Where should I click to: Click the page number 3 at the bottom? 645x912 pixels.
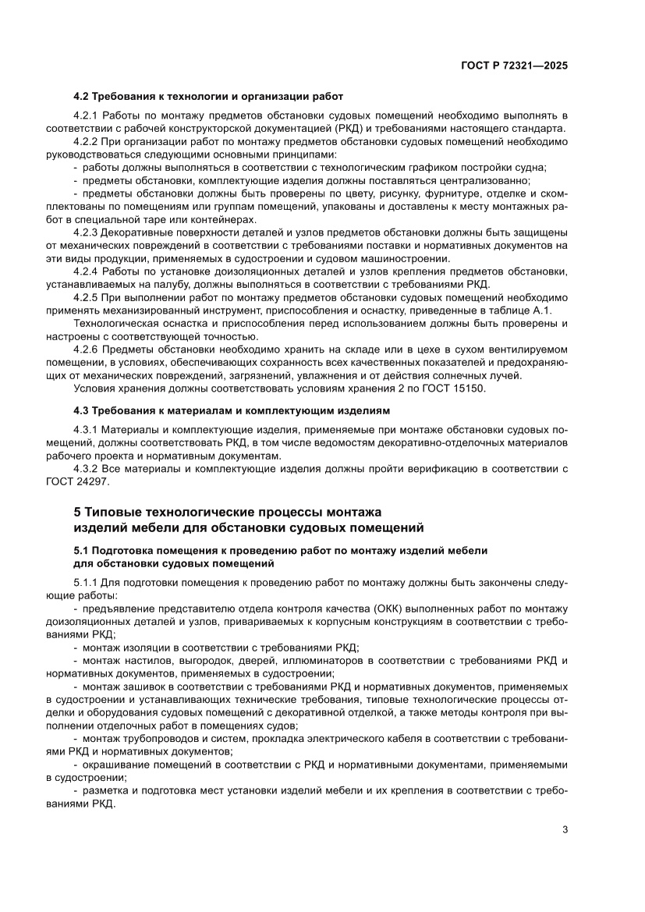pos(565,829)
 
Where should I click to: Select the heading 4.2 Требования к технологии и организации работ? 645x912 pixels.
pos(207,97)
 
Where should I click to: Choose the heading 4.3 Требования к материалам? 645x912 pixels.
pos(231,410)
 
